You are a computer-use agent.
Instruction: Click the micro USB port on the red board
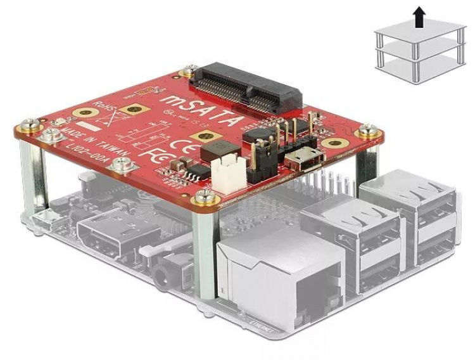coord(305,160)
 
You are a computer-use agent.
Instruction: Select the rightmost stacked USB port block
coord(415,215)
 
